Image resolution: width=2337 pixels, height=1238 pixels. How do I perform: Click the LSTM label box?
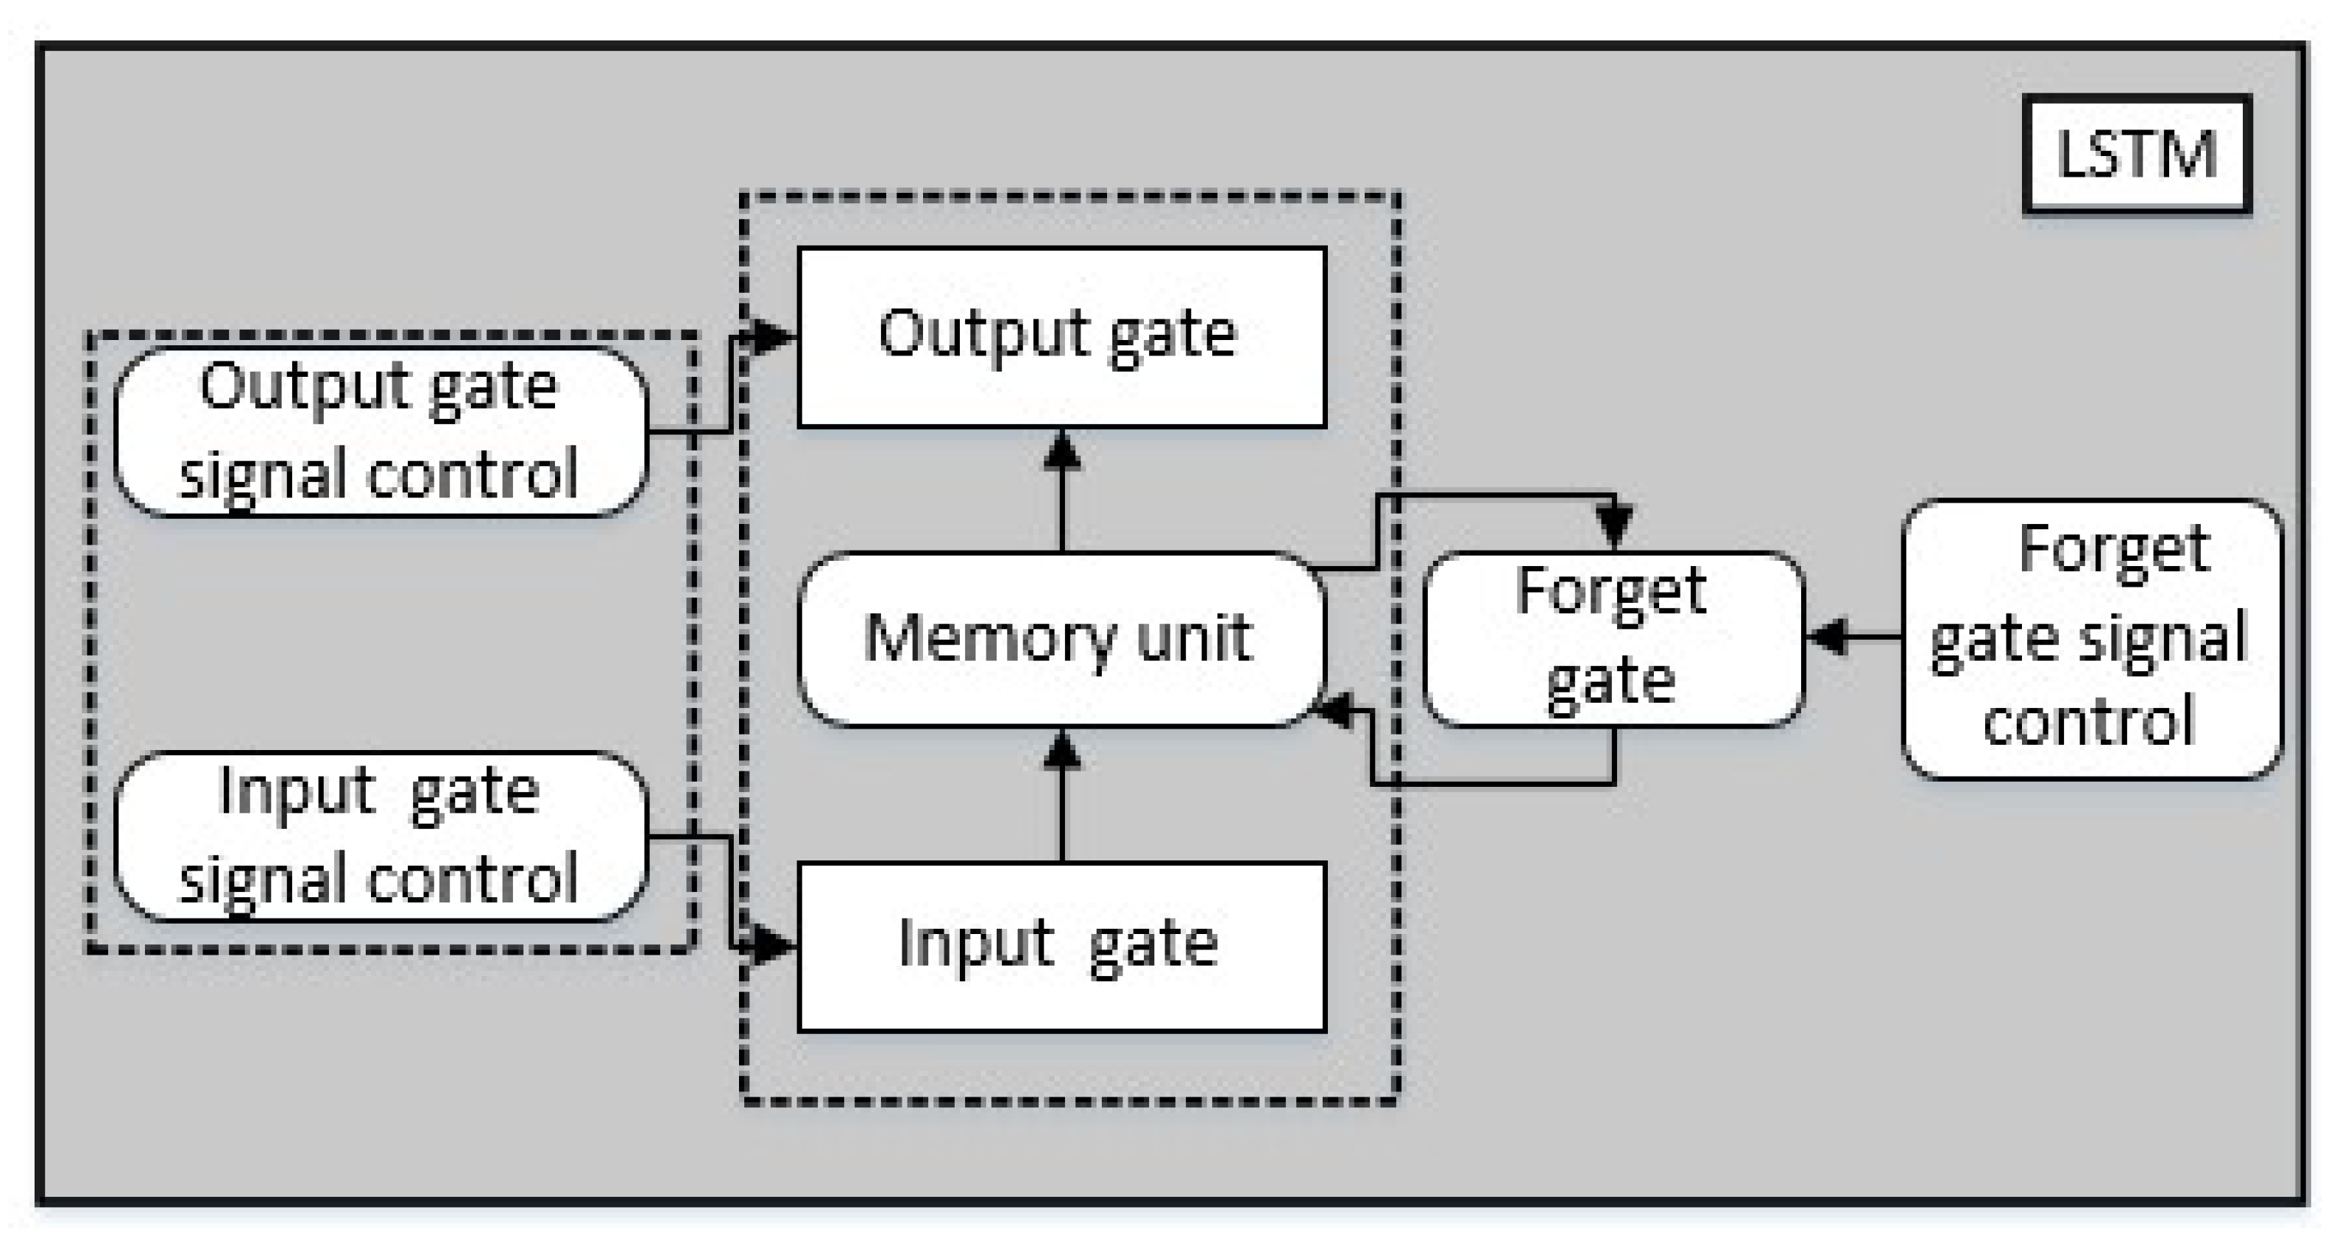pyautogui.click(x=2137, y=154)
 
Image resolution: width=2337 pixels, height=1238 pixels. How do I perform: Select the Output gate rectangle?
pyautogui.click(x=1061, y=337)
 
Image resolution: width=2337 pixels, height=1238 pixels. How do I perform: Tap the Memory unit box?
pyautogui.click(x=1060, y=640)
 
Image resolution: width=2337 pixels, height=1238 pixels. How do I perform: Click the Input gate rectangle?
pyautogui.click(x=1061, y=947)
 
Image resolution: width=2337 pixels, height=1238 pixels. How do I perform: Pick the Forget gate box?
pyautogui.click(x=1613, y=640)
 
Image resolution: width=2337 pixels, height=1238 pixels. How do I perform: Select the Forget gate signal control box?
pyautogui.click(x=2091, y=640)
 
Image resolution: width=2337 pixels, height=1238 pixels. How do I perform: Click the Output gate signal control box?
pyautogui.click(x=381, y=432)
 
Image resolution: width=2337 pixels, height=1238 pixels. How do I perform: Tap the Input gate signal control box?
pyautogui.click(x=381, y=836)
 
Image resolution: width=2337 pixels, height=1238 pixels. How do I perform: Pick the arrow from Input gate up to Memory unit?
pyautogui.click(x=1062, y=798)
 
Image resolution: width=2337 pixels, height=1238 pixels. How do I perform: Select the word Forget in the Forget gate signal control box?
pyautogui.click(x=2114, y=550)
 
